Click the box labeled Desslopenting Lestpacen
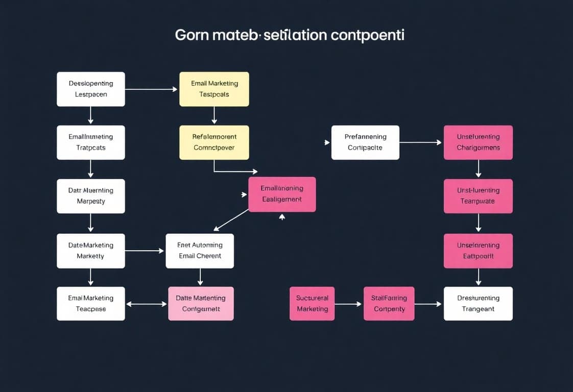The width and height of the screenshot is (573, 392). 91,89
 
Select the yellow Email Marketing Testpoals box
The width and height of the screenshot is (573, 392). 214,89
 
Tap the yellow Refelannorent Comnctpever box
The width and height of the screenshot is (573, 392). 214,142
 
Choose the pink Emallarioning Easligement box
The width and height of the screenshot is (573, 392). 282,194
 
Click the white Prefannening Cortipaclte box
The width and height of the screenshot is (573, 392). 365,142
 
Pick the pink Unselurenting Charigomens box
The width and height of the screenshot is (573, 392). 478,142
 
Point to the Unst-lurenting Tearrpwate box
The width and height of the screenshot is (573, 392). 478,196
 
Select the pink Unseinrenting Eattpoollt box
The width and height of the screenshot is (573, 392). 478,251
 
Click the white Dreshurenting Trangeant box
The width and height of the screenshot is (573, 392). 478,304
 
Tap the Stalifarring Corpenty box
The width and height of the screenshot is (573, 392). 389,304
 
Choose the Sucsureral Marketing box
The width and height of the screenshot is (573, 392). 312,304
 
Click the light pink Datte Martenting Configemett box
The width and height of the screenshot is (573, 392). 201,304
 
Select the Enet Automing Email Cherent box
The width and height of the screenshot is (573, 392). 200,251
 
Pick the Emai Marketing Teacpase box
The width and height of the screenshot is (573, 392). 91,304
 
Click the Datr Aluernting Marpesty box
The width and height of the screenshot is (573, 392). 91,196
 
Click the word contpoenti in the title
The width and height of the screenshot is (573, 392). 368,36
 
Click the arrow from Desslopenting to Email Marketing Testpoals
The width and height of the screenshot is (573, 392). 152,89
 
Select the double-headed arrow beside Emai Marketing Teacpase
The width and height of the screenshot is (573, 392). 147,304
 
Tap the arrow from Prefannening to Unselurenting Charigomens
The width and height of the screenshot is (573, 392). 421,142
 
